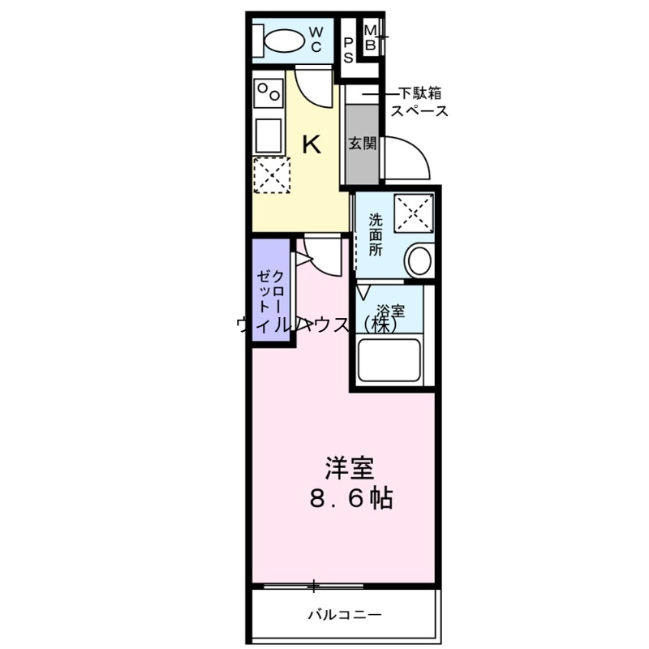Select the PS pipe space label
tap(348, 49)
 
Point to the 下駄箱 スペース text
tap(419, 102)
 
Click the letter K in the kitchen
tap(311, 145)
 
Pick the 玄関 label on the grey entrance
tap(362, 144)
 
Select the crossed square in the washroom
tap(414, 213)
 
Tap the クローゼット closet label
tap(271, 292)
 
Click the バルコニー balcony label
tap(344, 615)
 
